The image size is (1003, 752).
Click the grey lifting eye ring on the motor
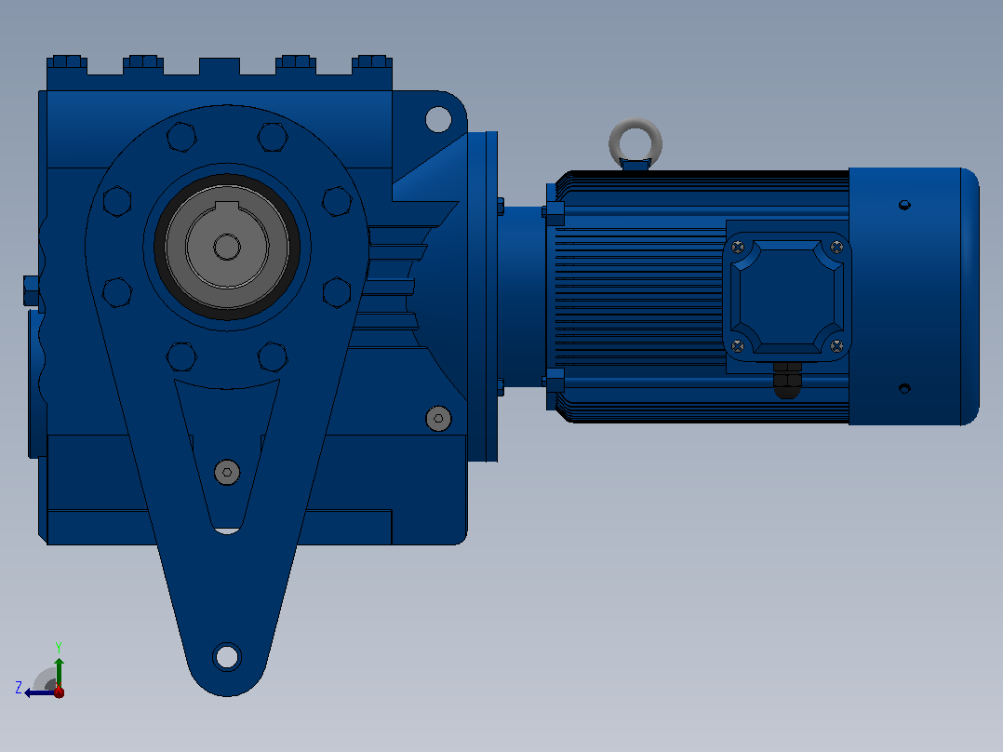point(635,122)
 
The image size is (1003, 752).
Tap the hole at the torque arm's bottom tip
point(226,657)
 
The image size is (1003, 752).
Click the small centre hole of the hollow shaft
point(226,247)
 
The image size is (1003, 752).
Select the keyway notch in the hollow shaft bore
point(226,206)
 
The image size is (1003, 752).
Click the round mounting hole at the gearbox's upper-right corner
point(438,119)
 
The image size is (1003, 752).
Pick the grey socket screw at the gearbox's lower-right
point(438,419)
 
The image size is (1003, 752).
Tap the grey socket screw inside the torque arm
point(227,472)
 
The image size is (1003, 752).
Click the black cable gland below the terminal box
point(787,380)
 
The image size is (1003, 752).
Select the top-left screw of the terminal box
point(738,247)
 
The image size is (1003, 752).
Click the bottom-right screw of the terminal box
point(836,346)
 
